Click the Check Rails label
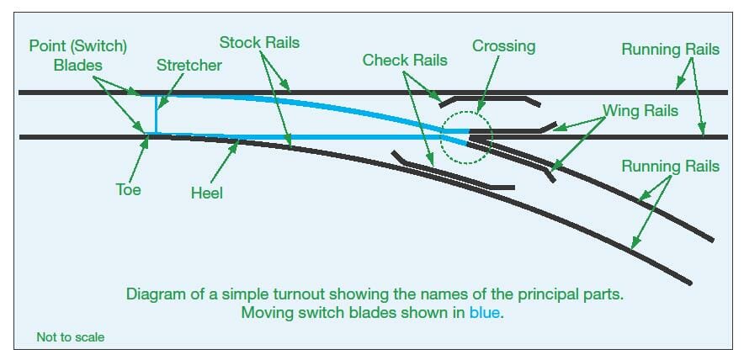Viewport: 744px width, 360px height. pyautogui.click(x=405, y=60)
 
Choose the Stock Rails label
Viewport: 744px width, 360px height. pyautogui.click(x=259, y=41)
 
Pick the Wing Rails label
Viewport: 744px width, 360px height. pyautogui.click(x=640, y=110)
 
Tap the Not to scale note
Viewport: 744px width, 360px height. pyautogui.click(x=70, y=337)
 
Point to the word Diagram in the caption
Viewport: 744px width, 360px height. pyautogui.click(x=156, y=295)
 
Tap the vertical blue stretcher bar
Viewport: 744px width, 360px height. pyautogui.click(x=156, y=113)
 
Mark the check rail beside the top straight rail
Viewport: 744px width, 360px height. pyautogui.click(x=488, y=98)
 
